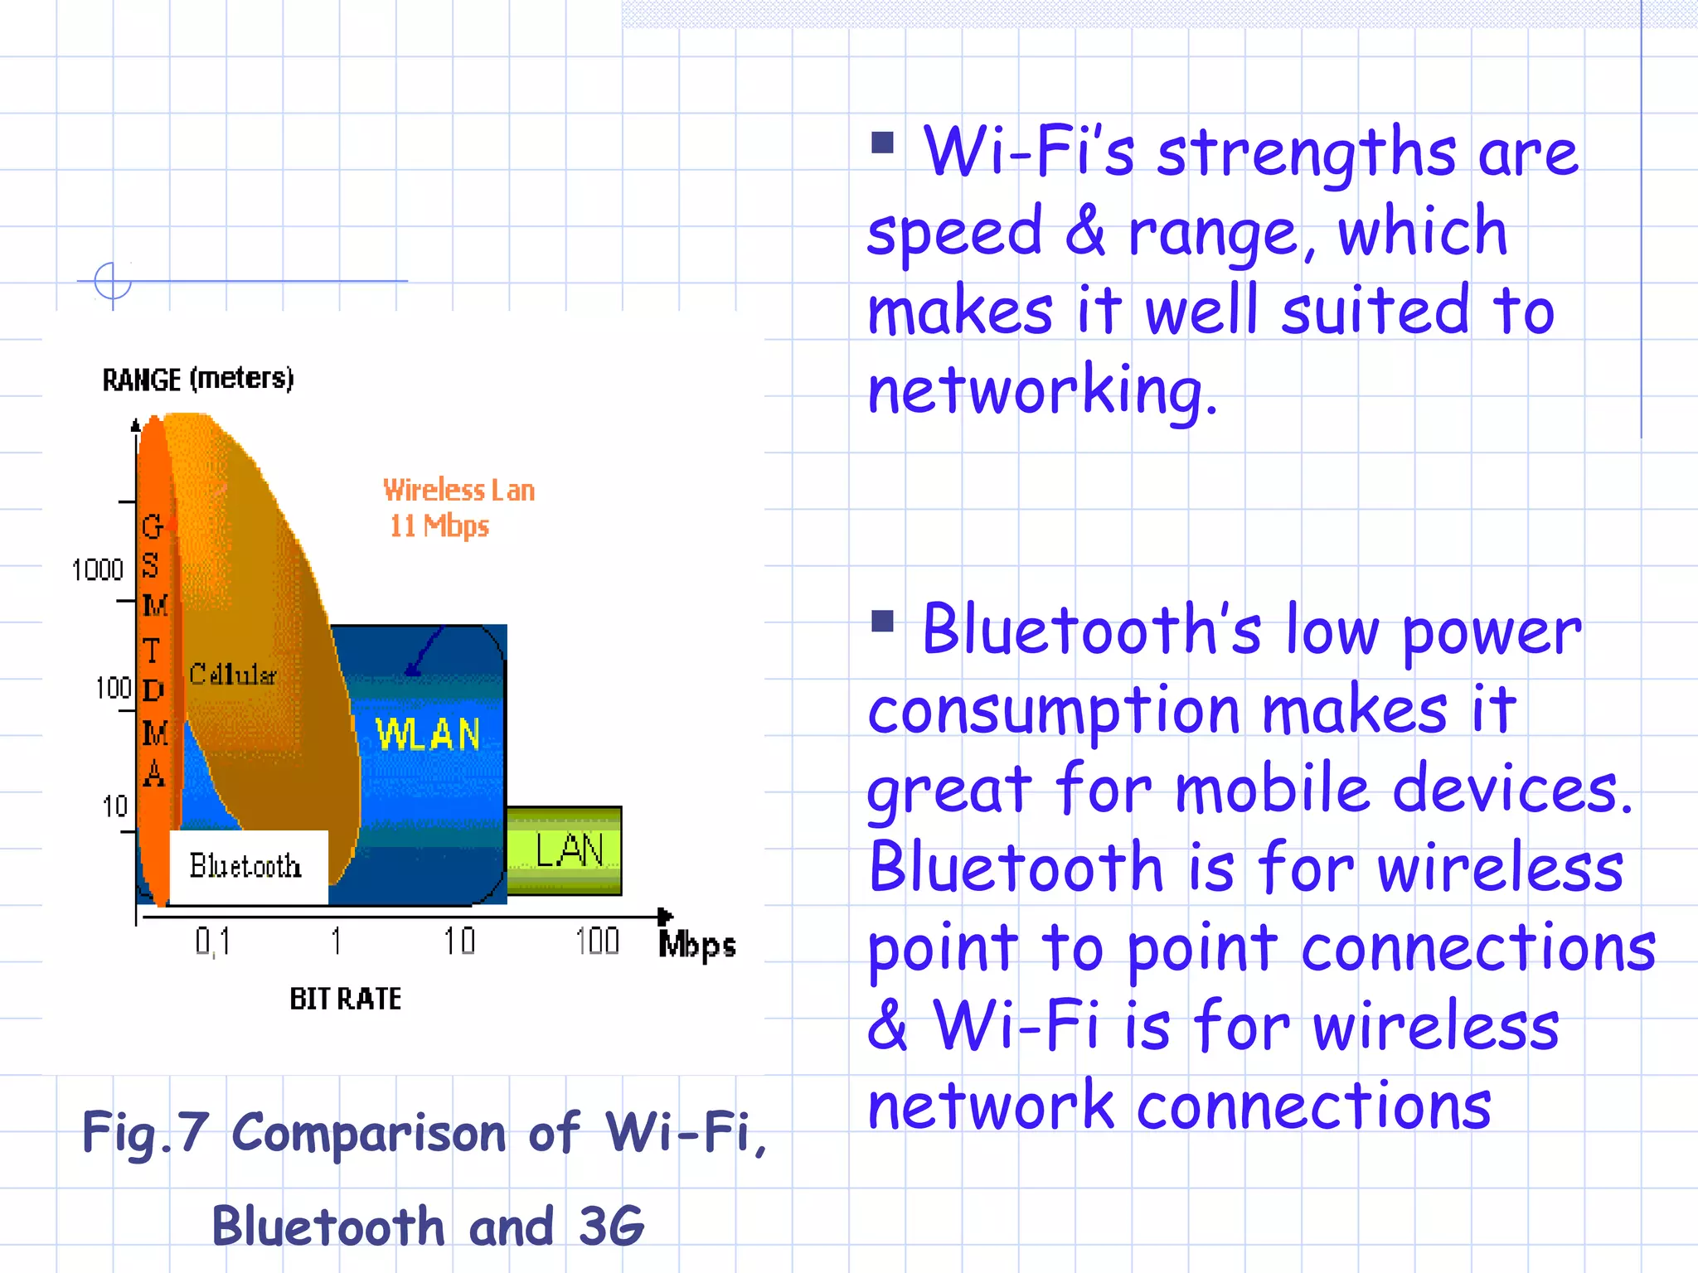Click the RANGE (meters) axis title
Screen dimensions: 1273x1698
(x=197, y=379)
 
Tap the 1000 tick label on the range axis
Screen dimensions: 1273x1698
(x=97, y=570)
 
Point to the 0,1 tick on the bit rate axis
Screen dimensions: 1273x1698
(x=212, y=941)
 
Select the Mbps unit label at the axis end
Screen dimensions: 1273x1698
(x=696, y=945)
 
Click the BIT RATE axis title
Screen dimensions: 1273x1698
(x=345, y=999)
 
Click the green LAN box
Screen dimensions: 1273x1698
(x=565, y=850)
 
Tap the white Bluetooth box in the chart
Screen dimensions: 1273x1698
(x=247, y=866)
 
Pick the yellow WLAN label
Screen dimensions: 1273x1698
(x=428, y=734)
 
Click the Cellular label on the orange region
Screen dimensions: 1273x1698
(x=232, y=675)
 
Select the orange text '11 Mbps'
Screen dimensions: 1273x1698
(x=439, y=526)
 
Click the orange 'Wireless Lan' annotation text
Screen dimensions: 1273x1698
(x=458, y=490)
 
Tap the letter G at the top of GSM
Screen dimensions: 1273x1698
(x=153, y=527)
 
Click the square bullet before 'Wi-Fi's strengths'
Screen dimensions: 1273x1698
(x=882, y=143)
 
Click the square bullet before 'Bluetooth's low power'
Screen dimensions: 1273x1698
(x=882, y=621)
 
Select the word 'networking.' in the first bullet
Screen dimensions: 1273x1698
(x=1041, y=390)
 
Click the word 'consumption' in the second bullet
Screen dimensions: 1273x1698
(x=1053, y=711)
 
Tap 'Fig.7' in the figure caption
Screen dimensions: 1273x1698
(x=144, y=1132)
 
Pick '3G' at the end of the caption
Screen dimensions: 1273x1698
(x=611, y=1226)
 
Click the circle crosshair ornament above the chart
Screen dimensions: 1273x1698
(x=113, y=281)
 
